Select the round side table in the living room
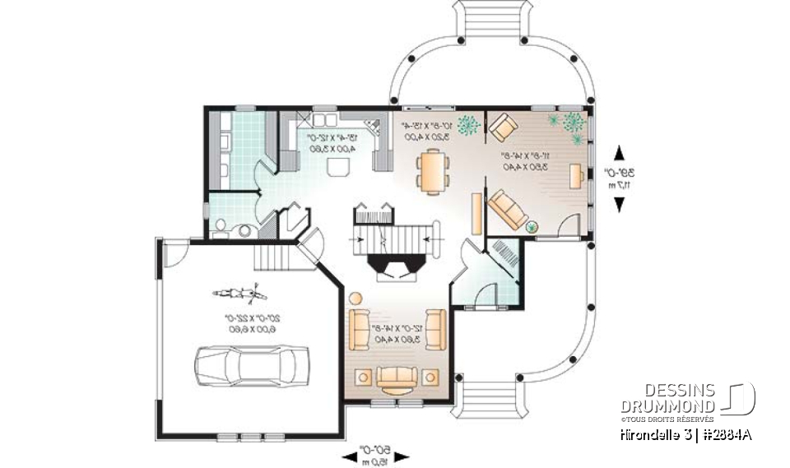click(355, 298)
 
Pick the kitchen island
click(338, 167)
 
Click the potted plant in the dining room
click(468, 125)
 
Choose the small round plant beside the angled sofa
click(532, 225)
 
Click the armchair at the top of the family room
click(502, 127)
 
